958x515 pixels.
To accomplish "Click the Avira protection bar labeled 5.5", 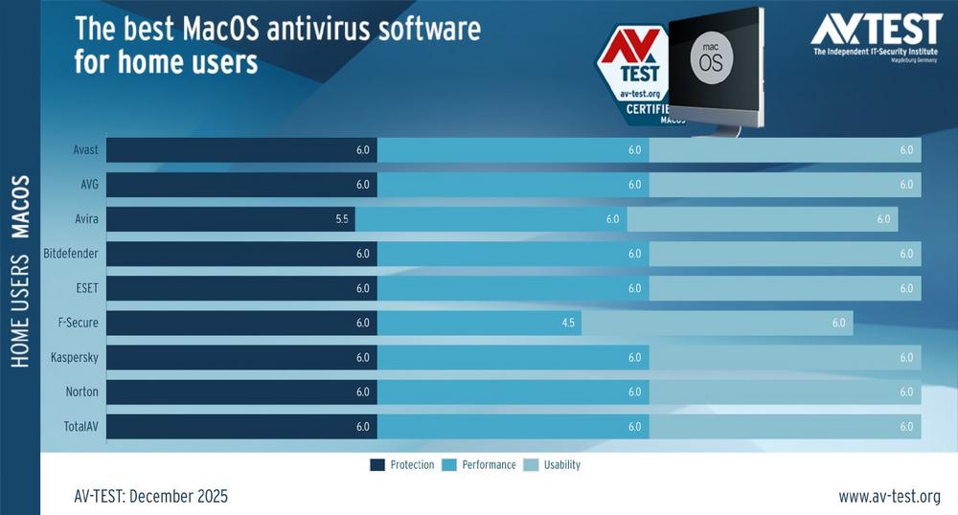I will coord(230,219).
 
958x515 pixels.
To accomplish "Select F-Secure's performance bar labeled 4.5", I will coord(479,323).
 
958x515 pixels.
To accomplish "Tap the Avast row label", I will coord(85,150).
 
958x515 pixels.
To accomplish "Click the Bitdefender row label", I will coord(71,254).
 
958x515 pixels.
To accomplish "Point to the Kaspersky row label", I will coord(75,357).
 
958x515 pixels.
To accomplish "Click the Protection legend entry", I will coord(402,465).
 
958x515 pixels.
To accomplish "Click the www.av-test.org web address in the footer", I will coord(890,496).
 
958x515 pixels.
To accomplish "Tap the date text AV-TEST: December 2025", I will coord(150,496).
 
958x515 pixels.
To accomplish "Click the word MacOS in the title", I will coord(209,31).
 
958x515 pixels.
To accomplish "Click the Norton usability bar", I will coord(785,392).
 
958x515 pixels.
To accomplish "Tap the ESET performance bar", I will coord(513,288).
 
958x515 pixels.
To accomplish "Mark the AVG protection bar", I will coord(241,185).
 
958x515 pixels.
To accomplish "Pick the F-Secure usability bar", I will coord(717,323).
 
